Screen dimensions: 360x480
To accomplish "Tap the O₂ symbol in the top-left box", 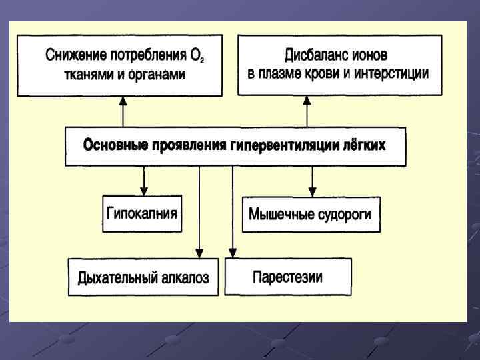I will (x=197, y=57).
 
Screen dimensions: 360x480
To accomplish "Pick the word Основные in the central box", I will (x=114, y=145).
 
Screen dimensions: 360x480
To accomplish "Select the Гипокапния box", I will (x=142, y=213).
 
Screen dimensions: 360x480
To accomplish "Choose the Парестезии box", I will (x=287, y=277).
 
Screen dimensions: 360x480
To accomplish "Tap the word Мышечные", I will (x=278, y=215).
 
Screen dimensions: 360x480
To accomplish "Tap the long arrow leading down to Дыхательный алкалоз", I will (x=199, y=213).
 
